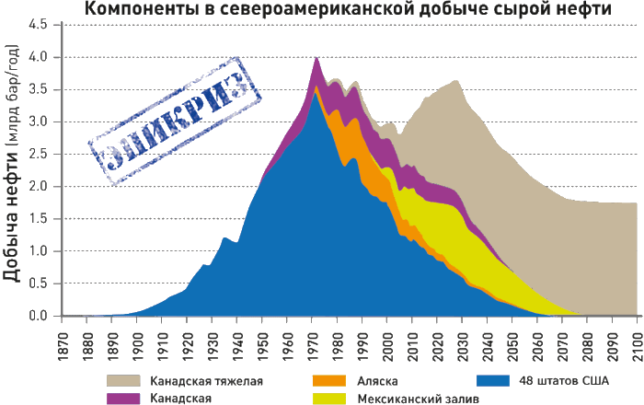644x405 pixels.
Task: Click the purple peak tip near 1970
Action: (316, 59)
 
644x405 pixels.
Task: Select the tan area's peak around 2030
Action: (457, 82)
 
